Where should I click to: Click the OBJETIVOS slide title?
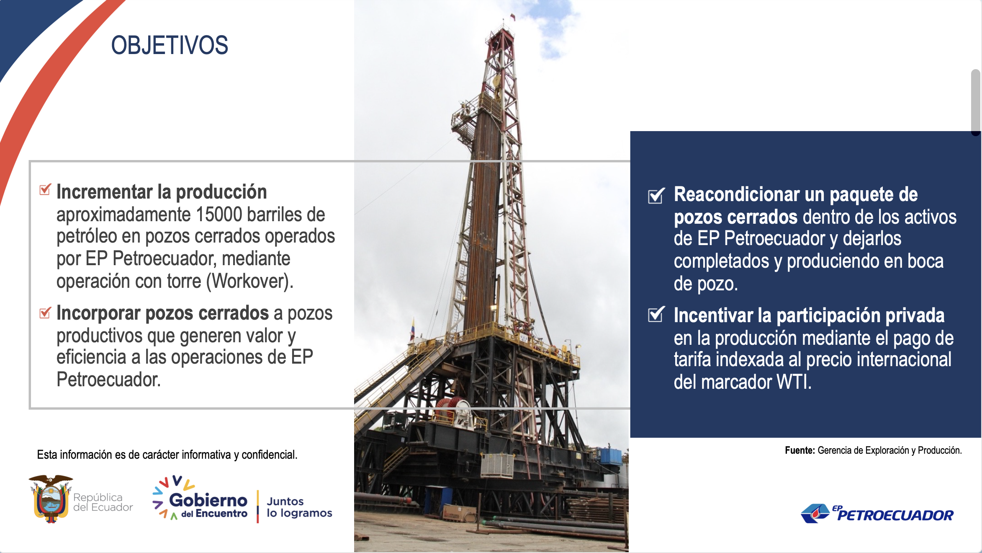click(x=170, y=45)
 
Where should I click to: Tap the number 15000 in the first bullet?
click(x=219, y=214)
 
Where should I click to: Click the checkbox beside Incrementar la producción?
click(x=45, y=189)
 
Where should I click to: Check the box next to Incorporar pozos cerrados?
click(x=45, y=312)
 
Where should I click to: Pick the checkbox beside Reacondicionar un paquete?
click(x=656, y=195)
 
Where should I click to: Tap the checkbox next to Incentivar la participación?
click(x=656, y=314)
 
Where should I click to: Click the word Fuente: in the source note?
click(x=800, y=450)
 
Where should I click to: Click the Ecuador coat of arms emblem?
click(x=51, y=499)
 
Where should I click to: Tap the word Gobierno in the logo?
click(x=208, y=500)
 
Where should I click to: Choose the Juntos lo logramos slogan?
click(x=299, y=507)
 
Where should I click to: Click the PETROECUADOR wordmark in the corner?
click(x=895, y=515)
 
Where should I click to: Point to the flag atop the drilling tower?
click(x=512, y=17)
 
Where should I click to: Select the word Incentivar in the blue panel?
click(x=714, y=315)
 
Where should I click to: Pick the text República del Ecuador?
click(x=103, y=502)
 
